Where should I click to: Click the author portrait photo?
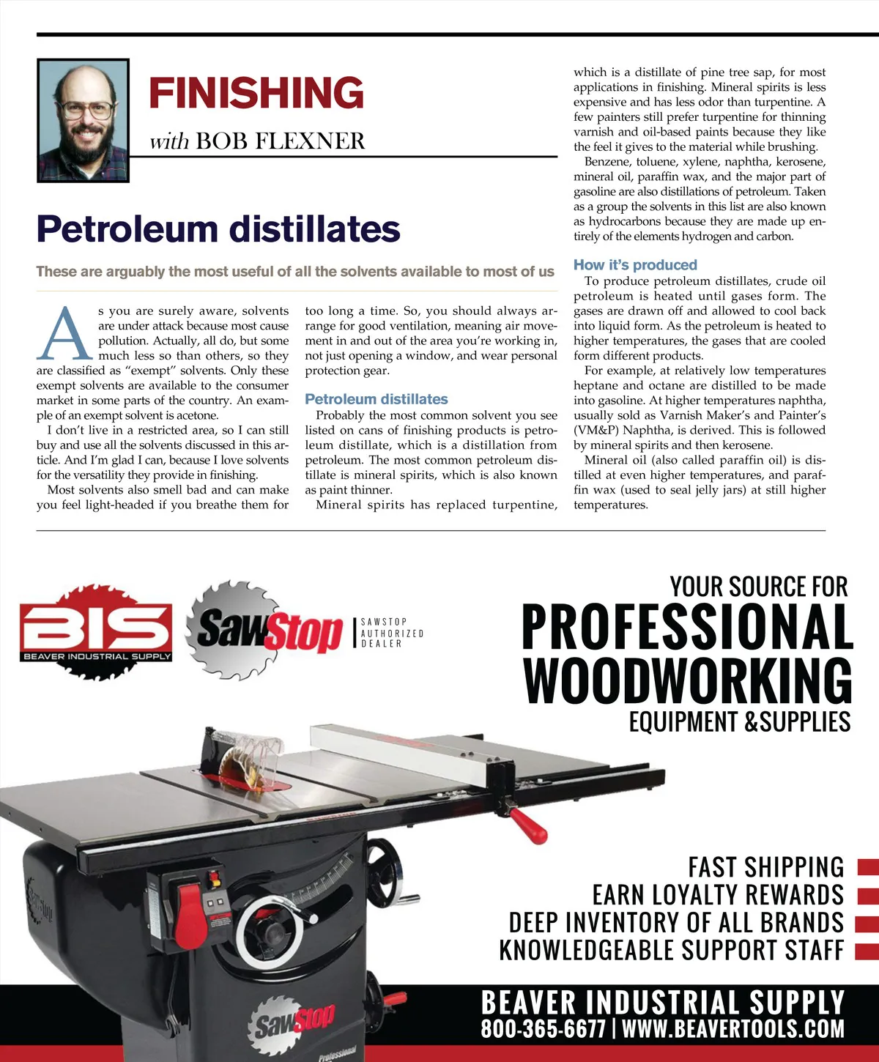pyautogui.click(x=83, y=121)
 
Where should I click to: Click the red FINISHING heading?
pyautogui.click(x=256, y=93)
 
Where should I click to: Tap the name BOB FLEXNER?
pyautogui.click(x=281, y=141)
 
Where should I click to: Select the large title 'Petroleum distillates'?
pyautogui.click(x=218, y=229)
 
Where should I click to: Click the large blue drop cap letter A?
pyautogui.click(x=64, y=334)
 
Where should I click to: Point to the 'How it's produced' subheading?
pyautogui.click(x=635, y=265)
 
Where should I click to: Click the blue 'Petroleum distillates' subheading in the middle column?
pyautogui.click(x=376, y=399)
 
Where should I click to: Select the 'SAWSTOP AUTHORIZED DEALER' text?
pyautogui.click(x=391, y=633)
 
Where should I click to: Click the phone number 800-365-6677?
pyautogui.click(x=543, y=1028)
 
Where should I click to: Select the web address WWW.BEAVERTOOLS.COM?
pyautogui.click(x=732, y=1028)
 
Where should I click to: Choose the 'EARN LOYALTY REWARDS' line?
pyautogui.click(x=718, y=895)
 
